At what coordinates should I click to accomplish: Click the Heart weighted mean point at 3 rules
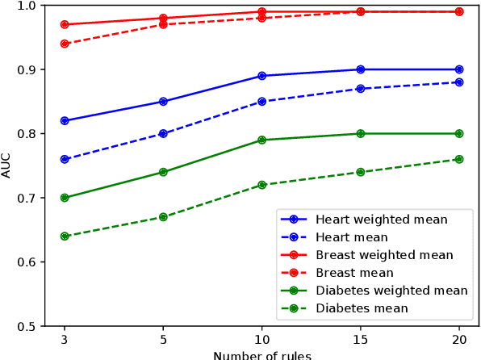pyautogui.click(x=65, y=121)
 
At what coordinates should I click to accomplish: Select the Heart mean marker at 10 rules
pyautogui.click(x=262, y=102)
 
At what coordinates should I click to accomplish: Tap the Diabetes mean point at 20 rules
pyautogui.click(x=459, y=159)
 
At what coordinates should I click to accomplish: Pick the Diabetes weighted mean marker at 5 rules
pyautogui.click(x=163, y=172)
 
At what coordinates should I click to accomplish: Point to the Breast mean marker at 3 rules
pyautogui.click(x=65, y=44)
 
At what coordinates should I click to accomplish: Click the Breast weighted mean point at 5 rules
pyautogui.click(x=163, y=18)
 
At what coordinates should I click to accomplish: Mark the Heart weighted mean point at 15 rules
pyautogui.click(x=361, y=69)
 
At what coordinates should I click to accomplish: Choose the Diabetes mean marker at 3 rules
pyautogui.click(x=65, y=237)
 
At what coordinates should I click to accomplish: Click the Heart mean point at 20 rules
pyautogui.click(x=459, y=82)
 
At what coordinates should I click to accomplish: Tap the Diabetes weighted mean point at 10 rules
pyautogui.click(x=262, y=140)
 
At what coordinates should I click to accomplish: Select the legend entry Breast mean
pyautogui.click(x=354, y=273)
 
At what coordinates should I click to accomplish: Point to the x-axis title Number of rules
pyautogui.click(x=262, y=354)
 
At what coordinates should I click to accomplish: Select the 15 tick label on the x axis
pyautogui.click(x=361, y=340)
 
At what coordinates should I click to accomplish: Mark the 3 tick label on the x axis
pyautogui.click(x=65, y=340)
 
